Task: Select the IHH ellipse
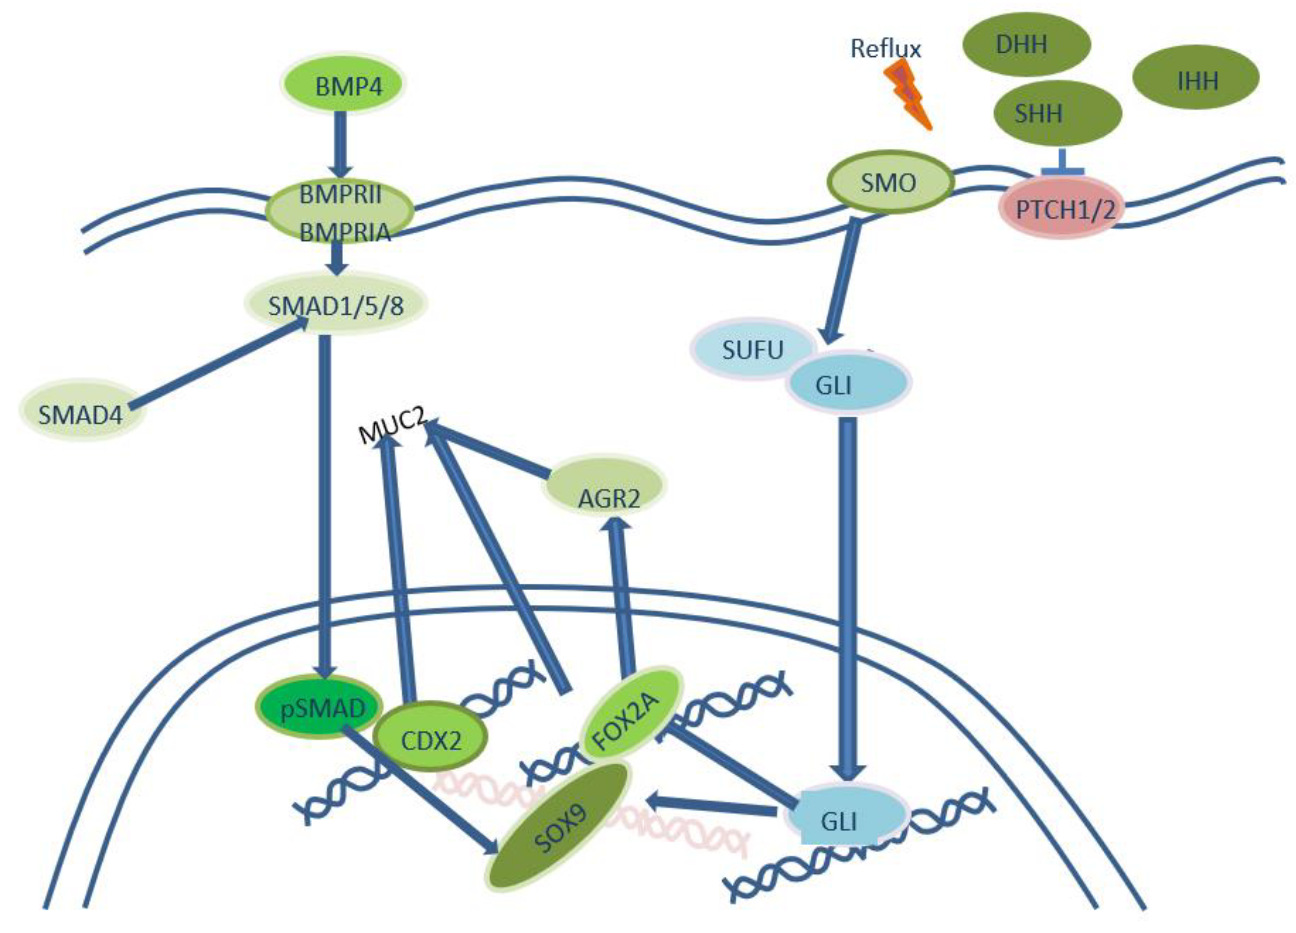pyautogui.click(x=1196, y=77)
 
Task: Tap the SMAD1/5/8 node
pyautogui.click(x=336, y=304)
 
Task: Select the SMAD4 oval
pyautogui.click(x=81, y=412)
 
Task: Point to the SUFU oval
pyautogui.click(x=752, y=349)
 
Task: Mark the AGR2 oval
pyautogui.click(x=605, y=486)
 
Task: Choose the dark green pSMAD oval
pyautogui.click(x=319, y=707)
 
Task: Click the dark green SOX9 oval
pyautogui.click(x=559, y=825)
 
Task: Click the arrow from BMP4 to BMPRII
pyautogui.click(x=341, y=143)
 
